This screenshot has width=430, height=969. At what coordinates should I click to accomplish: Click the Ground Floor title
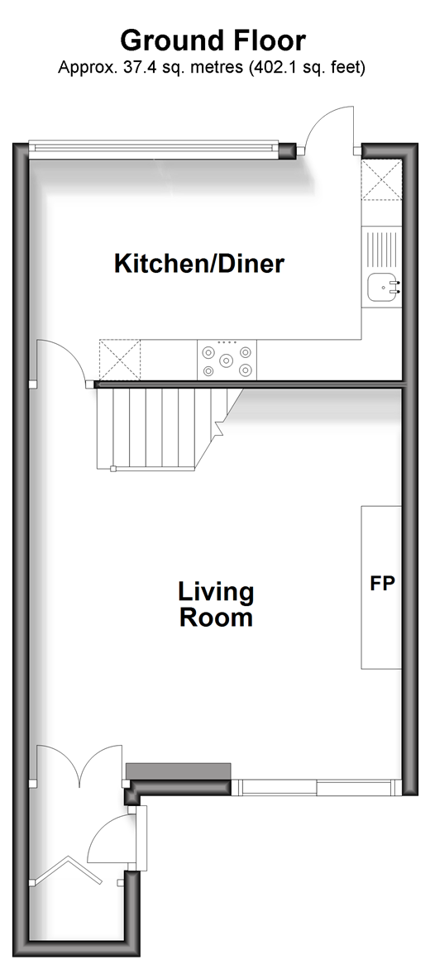[213, 41]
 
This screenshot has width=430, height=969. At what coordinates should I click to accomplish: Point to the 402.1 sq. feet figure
[306, 67]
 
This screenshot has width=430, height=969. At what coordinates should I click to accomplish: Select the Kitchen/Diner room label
[199, 264]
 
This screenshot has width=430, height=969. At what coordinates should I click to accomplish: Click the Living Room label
[216, 604]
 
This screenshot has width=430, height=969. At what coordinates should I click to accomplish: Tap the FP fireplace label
[382, 584]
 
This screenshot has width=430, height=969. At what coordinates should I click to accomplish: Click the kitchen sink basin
[384, 288]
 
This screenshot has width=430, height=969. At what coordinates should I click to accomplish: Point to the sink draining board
[381, 250]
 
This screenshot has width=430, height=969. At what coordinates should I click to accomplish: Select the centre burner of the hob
[227, 359]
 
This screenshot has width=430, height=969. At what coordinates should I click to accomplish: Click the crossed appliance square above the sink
[381, 180]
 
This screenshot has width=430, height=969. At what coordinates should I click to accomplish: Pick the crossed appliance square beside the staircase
[120, 360]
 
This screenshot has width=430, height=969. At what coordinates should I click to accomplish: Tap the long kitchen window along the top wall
[153, 148]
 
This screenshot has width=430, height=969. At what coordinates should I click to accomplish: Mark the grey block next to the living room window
[178, 771]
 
